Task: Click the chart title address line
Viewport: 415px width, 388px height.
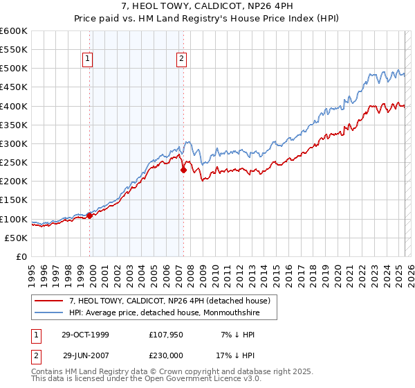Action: coord(207,6)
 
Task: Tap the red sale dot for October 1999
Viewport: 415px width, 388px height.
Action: coord(90,216)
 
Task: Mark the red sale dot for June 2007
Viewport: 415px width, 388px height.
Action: coord(183,170)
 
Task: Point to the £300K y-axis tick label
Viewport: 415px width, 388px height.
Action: coord(13,144)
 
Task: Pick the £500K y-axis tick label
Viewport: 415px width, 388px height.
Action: coord(13,69)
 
